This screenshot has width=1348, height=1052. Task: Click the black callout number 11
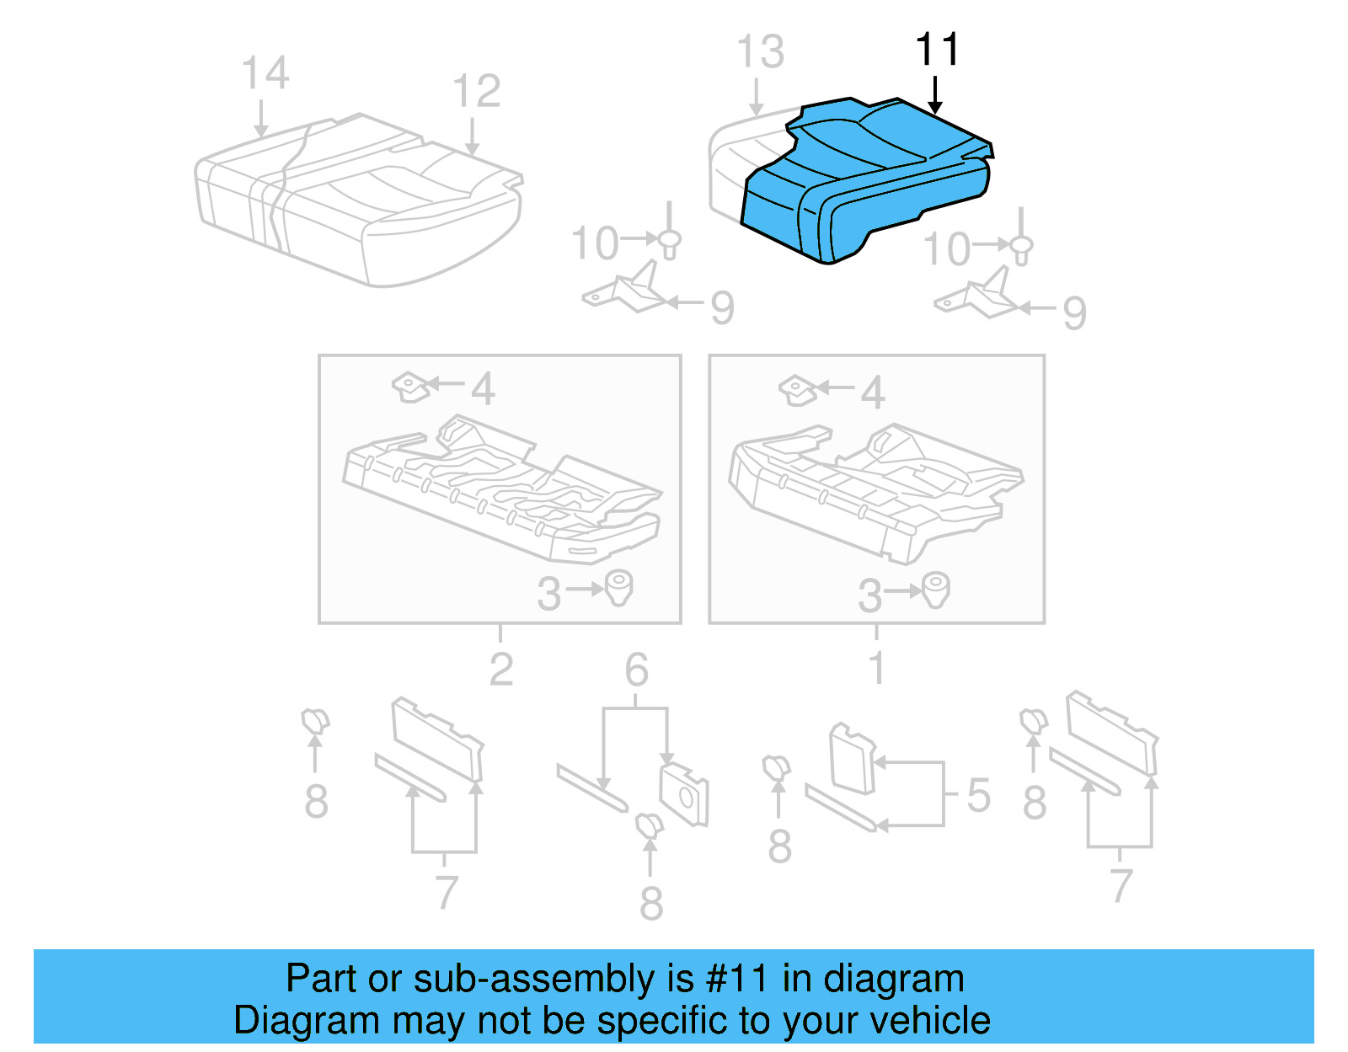(x=937, y=51)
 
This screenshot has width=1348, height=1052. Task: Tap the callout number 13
(x=760, y=52)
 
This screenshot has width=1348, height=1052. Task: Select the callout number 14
(x=265, y=73)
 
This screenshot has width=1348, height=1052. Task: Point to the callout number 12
(x=476, y=91)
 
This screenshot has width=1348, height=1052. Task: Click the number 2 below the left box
(x=501, y=670)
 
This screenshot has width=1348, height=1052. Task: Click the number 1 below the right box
(x=877, y=669)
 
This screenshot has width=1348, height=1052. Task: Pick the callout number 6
(x=636, y=670)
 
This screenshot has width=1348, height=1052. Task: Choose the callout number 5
(x=978, y=795)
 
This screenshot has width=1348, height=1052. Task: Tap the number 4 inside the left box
(x=483, y=389)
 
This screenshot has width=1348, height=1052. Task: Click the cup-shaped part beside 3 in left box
(x=619, y=587)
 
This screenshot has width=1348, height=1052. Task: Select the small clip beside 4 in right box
(x=797, y=390)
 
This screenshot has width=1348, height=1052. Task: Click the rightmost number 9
(x=1074, y=313)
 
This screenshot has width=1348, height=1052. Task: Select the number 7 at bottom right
(x=1120, y=886)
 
